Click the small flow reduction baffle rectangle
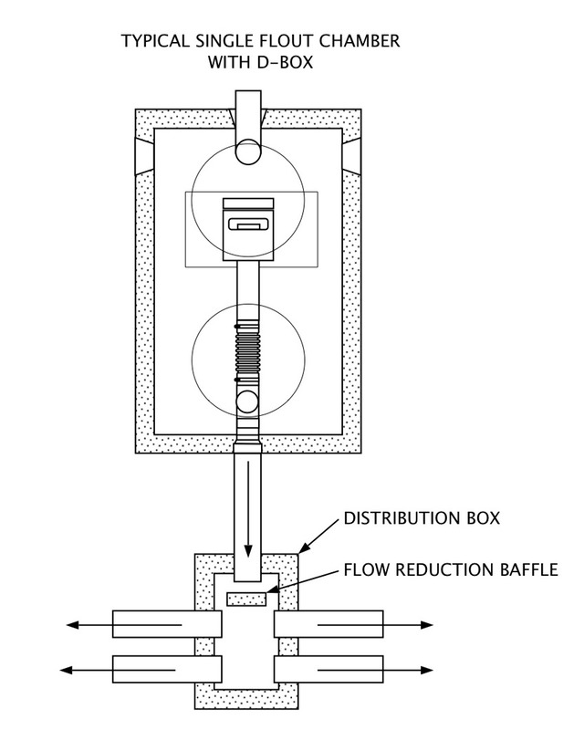click(245, 599)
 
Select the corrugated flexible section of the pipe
click(247, 352)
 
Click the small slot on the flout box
click(247, 224)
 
